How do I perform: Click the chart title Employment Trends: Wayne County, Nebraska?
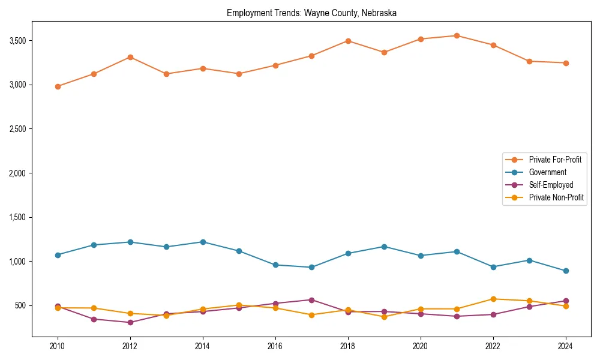pos(311,13)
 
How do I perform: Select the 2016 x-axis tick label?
pos(275,346)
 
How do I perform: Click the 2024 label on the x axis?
pos(565,346)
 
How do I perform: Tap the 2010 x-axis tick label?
pos(58,346)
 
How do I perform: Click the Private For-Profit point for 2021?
pos(457,35)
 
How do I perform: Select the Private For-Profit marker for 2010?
pos(58,86)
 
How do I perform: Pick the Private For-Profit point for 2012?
pos(130,57)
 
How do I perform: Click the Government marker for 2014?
pos(203,242)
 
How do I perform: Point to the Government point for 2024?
pos(565,271)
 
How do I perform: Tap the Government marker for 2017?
pos(311,267)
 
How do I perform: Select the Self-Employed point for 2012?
pos(130,322)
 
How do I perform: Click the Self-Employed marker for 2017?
pos(311,300)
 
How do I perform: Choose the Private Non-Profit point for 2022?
pos(493,299)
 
